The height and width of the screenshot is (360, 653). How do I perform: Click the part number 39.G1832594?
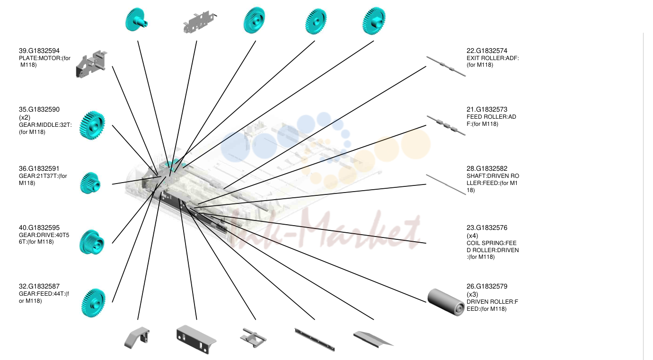click(x=39, y=51)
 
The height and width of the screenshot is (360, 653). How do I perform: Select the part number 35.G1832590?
click(x=39, y=110)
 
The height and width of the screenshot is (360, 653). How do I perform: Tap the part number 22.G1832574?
click(x=487, y=51)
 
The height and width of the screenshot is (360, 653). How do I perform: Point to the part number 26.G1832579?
click(x=487, y=286)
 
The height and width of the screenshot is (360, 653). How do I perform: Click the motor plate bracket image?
click(x=91, y=64)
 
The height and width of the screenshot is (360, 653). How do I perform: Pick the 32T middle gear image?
click(x=92, y=125)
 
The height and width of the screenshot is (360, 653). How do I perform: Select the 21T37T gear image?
click(x=90, y=183)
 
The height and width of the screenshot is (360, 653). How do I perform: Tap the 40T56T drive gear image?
click(x=91, y=242)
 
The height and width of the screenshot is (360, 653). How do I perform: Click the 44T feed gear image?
click(x=93, y=303)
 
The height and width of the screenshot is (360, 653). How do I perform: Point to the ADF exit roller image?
click(x=446, y=66)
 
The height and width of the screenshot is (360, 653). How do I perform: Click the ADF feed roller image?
click(x=446, y=125)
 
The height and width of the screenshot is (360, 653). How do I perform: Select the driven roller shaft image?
click(x=446, y=184)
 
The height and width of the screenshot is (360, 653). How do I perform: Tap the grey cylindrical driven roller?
click(x=446, y=302)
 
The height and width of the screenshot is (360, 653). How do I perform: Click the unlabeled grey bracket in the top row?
click(x=200, y=22)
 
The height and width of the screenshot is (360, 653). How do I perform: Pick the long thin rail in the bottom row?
click(x=315, y=340)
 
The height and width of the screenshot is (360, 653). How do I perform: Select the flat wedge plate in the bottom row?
click(x=373, y=339)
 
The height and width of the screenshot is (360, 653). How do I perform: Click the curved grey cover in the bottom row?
click(x=137, y=338)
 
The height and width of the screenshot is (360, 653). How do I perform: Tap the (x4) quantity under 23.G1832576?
click(x=472, y=236)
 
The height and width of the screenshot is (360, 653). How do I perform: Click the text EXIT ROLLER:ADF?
click(x=493, y=58)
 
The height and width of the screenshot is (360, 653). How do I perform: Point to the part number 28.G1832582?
click(x=487, y=168)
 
